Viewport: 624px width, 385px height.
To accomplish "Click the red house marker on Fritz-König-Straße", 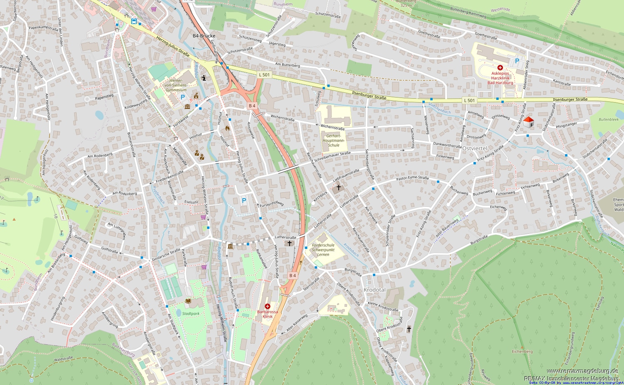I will (x=528, y=122).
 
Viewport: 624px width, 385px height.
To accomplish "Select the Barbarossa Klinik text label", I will (x=267, y=314).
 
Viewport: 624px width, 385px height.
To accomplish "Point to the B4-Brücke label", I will (x=204, y=36).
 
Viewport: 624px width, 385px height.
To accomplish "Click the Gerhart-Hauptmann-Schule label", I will (x=334, y=141).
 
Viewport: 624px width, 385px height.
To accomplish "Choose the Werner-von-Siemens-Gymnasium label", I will (x=176, y=85).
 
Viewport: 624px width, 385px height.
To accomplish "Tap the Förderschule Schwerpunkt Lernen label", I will (x=323, y=250).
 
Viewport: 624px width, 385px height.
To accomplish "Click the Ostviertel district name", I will (x=474, y=148).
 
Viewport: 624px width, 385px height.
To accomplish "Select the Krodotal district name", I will (x=374, y=290).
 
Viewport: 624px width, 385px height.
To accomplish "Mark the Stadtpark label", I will (x=191, y=313).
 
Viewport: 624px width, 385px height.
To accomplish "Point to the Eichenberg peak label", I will (x=522, y=351).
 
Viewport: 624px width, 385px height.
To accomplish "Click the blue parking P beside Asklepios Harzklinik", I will (x=517, y=61).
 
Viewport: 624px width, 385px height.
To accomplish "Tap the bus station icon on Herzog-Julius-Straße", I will (x=134, y=21).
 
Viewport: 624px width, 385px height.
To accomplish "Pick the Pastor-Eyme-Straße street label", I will (x=412, y=178).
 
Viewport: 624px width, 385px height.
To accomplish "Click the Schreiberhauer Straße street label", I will (x=332, y=156).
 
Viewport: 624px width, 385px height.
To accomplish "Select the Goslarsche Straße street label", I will (x=166, y=255).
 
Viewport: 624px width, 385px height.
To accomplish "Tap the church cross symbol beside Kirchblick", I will (x=338, y=188).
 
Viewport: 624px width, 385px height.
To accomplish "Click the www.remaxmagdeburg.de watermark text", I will (x=582, y=371).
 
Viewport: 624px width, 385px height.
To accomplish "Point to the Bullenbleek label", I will (x=609, y=119).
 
